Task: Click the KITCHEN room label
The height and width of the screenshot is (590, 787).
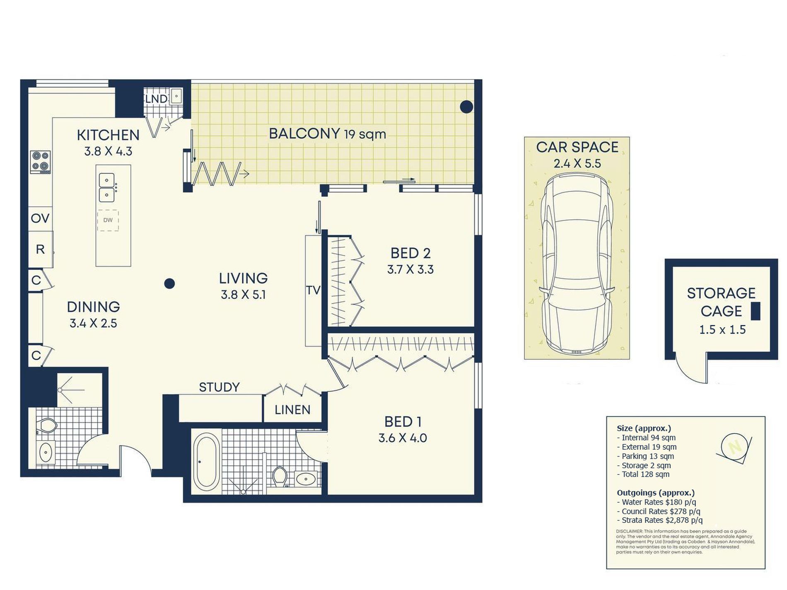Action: pyautogui.click(x=108, y=135)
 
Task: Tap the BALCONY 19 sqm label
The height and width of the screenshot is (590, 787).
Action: pyautogui.click(x=328, y=134)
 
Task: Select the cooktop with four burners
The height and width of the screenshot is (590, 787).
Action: pyautogui.click(x=40, y=162)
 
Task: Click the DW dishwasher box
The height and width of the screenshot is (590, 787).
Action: pyautogui.click(x=108, y=220)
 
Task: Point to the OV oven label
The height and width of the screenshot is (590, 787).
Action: pyautogui.click(x=40, y=218)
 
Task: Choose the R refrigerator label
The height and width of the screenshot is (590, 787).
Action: pyautogui.click(x=40, y=249)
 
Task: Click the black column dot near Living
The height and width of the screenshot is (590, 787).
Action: pyautogui.click(x=169, y=284)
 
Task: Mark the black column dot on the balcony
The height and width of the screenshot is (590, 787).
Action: pyautogui.click(x=466, y=107)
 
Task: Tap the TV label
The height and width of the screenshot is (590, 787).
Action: pyautogui.click(x=313, y=290)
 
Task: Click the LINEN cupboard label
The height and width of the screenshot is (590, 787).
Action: pyautogui.click(x=292, y=410)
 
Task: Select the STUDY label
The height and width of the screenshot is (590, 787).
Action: pyautogui.click(x=219, y=387)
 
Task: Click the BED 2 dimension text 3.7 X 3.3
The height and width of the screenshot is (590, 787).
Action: pyautogui.click(x=410, y=270)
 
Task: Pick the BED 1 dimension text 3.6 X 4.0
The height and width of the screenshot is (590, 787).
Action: pyautogui.click(x=403, y=438)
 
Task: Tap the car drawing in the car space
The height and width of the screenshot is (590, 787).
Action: pyautogui.click(x=577, y=265)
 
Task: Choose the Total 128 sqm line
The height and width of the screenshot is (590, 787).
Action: pyautogui.click(x=643, y=474)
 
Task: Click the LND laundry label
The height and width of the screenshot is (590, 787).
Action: pyautogui.click(x=156, y=99)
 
